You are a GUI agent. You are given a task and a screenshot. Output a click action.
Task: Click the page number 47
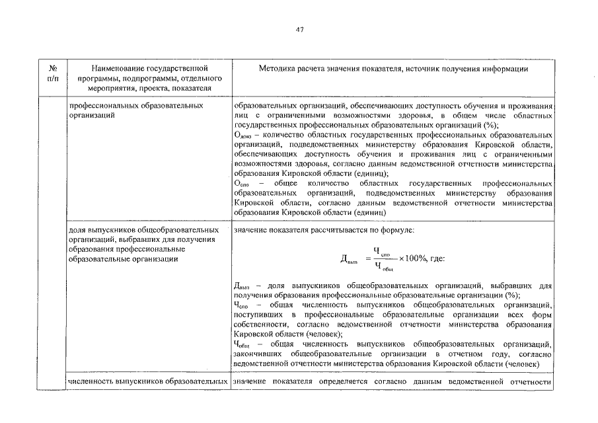tap(299, 28)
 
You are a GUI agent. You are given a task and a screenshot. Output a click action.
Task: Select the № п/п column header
tap(54, 73)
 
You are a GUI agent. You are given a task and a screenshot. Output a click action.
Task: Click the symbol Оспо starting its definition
tap(242, 182)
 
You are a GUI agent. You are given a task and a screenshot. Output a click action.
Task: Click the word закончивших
tap(256, 354)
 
